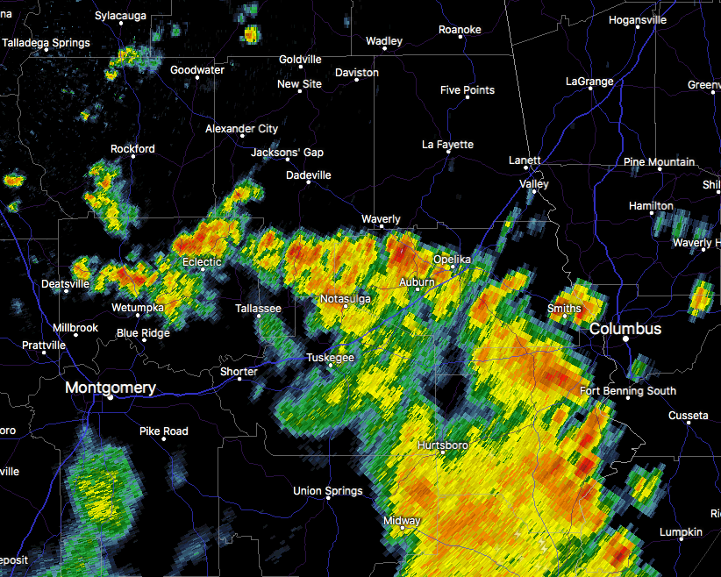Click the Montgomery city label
click(x=111, y=387)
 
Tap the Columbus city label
click(x=625, y=328)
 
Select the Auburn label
click(x=417, y=281)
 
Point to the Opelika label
click(x=452, y=260)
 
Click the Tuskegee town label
click(x=330, y=358)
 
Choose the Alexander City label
click(x=241, y=128)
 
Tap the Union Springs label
click(x=327, y=490)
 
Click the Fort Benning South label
click(x=628, y=390)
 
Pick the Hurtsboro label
click(x=442, y=445)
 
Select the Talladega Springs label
click(x=46, y=42)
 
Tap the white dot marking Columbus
click(x=627, y=338)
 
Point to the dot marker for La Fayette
click(x=448, y=152)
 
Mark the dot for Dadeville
click(x=308, y=182)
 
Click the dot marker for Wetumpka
click(x=137, y=316)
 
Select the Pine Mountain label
click(x=659, y=161)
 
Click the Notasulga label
click(x=345, y=299)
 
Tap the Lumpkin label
click(x=681, y=532)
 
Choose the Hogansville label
click(x=638, y=19)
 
